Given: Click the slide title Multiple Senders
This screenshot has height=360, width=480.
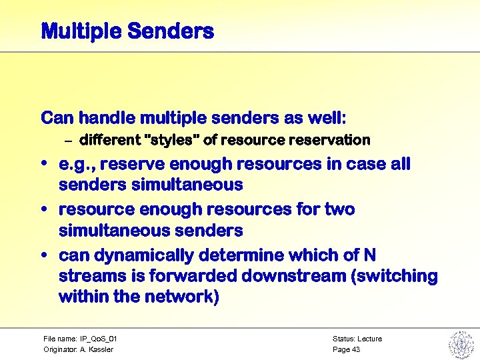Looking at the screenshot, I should point(127,31).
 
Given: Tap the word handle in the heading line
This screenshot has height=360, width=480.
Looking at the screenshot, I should point(107,119).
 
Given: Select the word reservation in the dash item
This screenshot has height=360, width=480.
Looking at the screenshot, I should point(331,141).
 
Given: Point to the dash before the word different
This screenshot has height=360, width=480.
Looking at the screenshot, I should point(68,141).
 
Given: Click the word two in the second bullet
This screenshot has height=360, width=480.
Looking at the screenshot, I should point(339,209).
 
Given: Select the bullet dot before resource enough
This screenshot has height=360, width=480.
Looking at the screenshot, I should point(44,210).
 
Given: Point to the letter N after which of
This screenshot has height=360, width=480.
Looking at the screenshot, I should point(370,255).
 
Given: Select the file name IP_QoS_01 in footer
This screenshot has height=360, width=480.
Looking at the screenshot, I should point(99,339).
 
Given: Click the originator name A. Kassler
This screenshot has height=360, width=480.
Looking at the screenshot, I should point(97,349).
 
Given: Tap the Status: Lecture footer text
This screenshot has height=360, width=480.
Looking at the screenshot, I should point(357,339).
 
